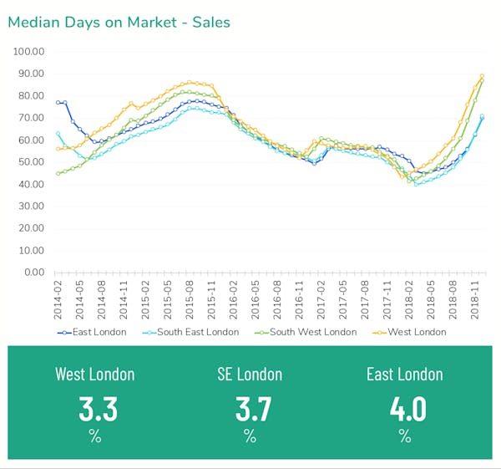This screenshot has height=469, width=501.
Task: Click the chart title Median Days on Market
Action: (119, 22)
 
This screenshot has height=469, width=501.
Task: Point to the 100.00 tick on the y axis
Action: (28, 52)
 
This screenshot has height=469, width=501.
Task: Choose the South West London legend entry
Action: (310, 332)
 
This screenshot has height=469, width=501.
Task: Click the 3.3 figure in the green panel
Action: (98, 409)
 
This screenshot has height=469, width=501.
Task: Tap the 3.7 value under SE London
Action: (250, 409)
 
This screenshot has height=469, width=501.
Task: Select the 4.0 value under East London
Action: (405, 409)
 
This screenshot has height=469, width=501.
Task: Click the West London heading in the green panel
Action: (94, 374)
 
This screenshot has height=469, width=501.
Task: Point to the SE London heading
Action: (250, 374)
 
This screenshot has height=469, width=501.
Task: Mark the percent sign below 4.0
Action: (405, 436)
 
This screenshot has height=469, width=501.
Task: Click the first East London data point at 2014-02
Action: (58, 102)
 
